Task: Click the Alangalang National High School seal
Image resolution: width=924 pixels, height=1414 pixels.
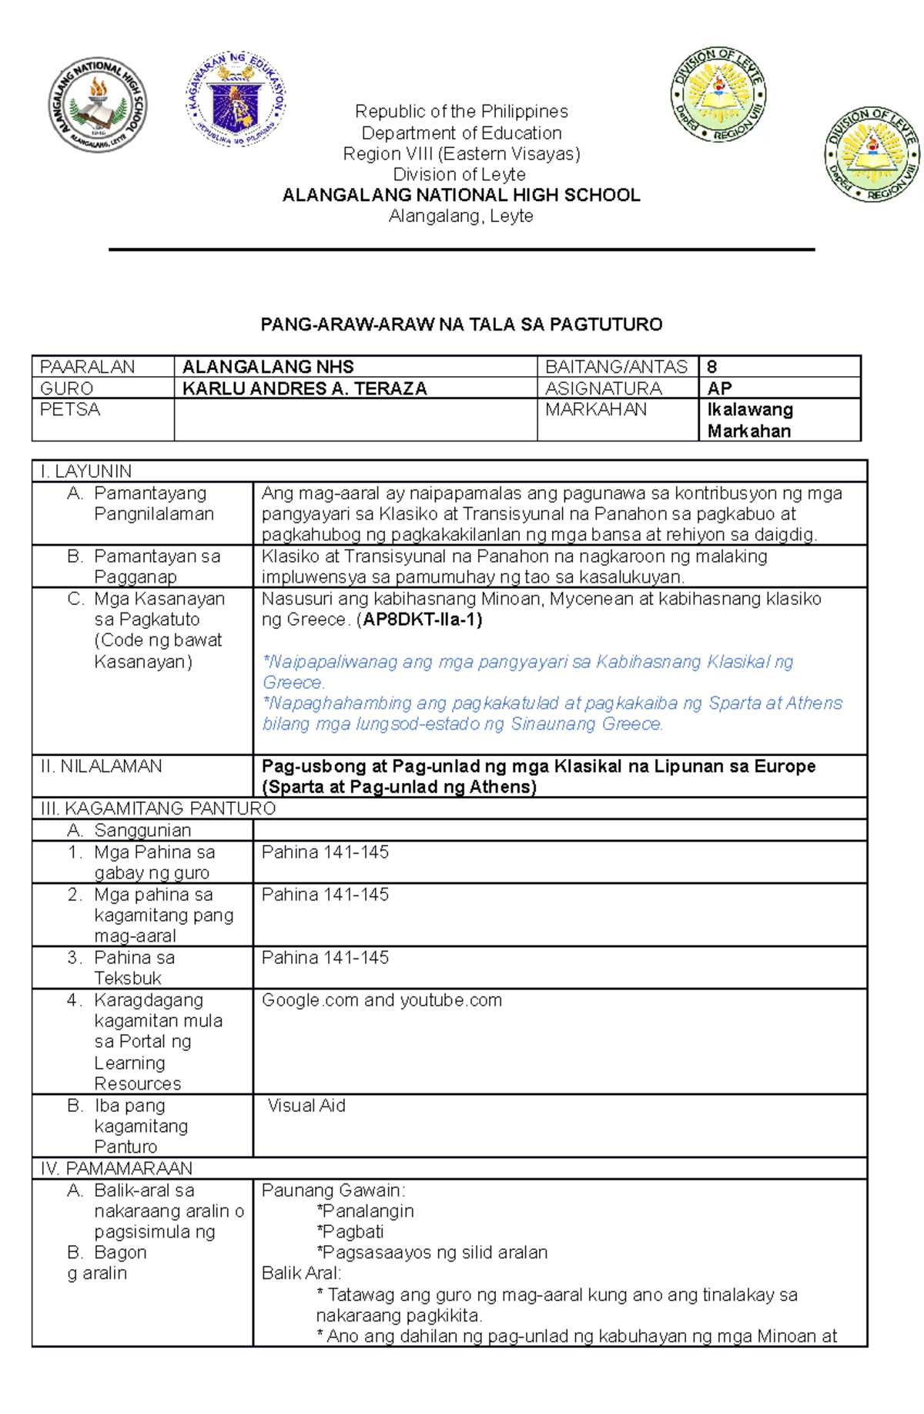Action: pyautogui.click(x=97, y=104)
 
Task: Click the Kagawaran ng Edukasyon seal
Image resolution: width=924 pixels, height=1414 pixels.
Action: pyautogui.click(x=236, y=99)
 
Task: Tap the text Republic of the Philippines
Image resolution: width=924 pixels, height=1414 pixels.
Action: pyautogui.click(x=461, y=112)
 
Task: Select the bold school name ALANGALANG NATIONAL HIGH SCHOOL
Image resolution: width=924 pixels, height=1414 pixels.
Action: pyautogui.click(x=461, y=195)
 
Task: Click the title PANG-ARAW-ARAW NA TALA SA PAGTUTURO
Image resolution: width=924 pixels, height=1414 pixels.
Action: pyautogui.click(x=461, y=324)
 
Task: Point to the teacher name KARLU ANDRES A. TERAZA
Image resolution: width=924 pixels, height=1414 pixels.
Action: pyautogui.click(x=304, y=388)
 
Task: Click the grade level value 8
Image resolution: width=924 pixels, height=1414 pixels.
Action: pyautogui.click(x=712, y=367)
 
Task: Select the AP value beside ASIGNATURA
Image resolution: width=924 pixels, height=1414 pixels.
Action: pyautogui.click(x=719, y=388)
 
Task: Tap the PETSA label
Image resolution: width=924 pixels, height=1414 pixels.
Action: pyautogui.click(x=70, y=409)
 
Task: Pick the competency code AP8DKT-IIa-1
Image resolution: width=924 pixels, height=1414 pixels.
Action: pyautogui.click(x=422, y=620)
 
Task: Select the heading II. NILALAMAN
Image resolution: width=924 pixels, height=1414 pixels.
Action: pyautogui.click(x=101, y=766)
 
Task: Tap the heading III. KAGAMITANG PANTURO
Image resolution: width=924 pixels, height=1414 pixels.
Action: pyautogui.click(x=158, y=808)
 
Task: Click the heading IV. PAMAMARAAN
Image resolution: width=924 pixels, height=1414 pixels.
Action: pyautogui.click(x=116, y=1168)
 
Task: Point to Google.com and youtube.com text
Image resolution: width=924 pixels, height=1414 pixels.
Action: pyautogui.click(x=381, y=1000)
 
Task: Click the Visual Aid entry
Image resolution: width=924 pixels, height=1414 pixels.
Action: pyautogui.click(x=306, y=1106)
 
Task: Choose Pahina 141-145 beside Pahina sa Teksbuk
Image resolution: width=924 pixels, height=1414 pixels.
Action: pyautogui.click(x=325, y=958)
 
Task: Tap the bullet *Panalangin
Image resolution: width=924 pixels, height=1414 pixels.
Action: pyautogui.click(x=365, y=1211)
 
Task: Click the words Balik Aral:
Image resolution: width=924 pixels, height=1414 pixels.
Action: pyautogui.click(x=301, y=1274)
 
